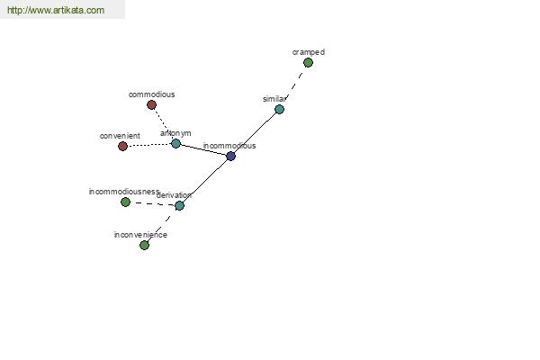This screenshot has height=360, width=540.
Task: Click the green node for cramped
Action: [308, 63]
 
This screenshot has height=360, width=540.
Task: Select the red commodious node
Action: [151, 104]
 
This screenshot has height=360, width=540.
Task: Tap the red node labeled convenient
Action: [122, 146]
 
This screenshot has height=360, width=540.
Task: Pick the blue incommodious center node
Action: [230, 156]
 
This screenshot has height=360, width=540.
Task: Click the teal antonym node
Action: [175, 143]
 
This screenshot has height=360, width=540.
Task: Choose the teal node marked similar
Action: [279, 110]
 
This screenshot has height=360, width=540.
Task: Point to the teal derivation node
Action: [179, 206]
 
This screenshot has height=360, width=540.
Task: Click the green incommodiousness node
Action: [125, 202]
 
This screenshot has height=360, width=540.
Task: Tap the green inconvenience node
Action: [144, 245]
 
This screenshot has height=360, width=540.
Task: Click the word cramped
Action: [309, 52]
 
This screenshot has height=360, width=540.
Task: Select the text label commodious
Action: [151, 94]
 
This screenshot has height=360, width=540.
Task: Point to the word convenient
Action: [120, 136]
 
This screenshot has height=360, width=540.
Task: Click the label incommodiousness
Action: [124, 192]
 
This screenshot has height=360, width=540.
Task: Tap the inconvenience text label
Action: [140, 235]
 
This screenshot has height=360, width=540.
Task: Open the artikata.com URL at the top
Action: [56, 10]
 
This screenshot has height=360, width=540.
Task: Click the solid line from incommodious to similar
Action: [255, 132]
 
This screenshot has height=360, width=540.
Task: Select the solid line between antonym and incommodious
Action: [203, 150]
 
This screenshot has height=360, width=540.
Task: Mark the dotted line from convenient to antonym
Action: [149, 145]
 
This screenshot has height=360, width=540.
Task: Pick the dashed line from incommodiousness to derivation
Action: [153, 203]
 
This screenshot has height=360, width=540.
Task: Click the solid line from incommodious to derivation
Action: [205, 181]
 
